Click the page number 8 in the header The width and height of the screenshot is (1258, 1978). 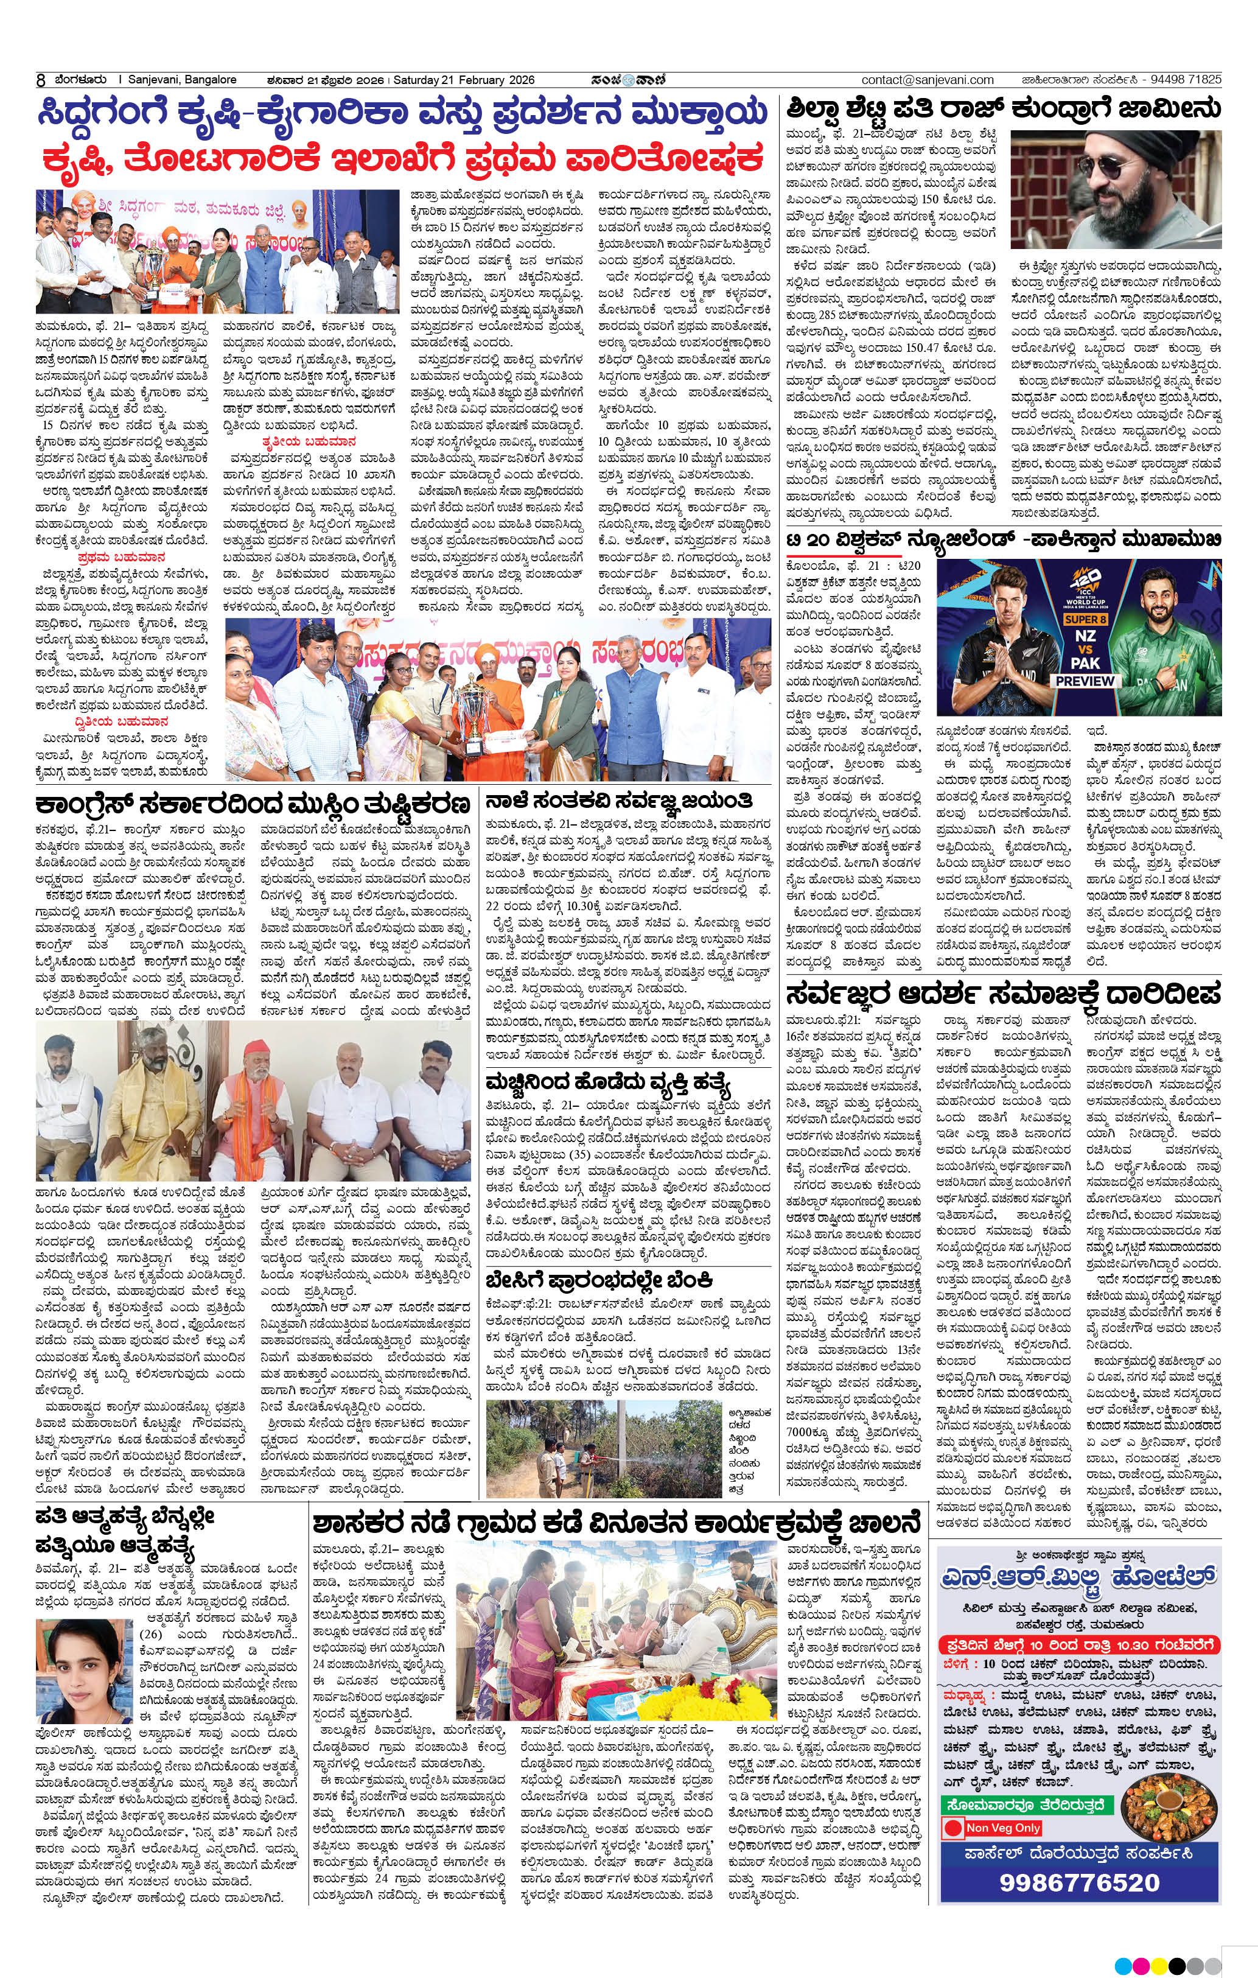click(x=40, y=80)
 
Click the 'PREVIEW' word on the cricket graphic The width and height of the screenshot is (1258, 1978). click(x=1085, y=681)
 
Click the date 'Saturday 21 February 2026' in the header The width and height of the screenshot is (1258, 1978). click(x=464, y=80)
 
